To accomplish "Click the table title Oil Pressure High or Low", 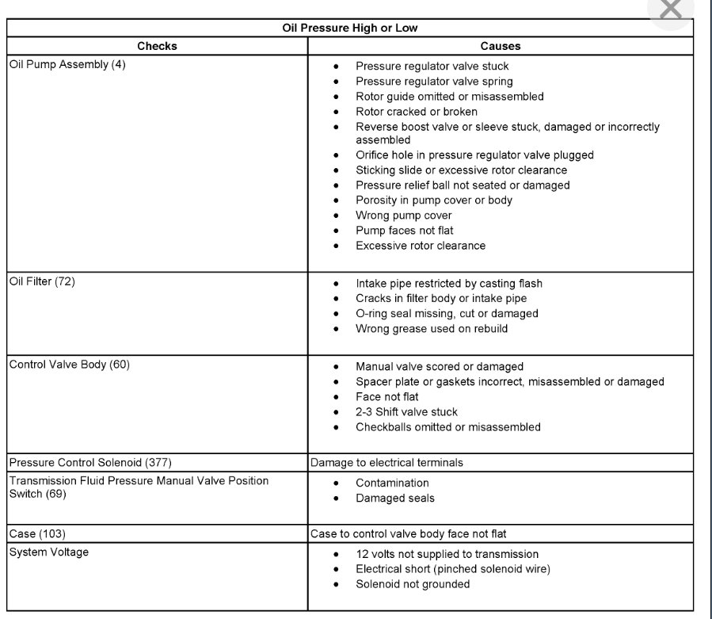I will click(x=349, y=28).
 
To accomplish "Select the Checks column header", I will click(x=157, y=46).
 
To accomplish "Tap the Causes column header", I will click(x=500, y=46).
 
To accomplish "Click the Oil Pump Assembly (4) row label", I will click(x=67, y=65).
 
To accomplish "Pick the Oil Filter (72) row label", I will click(x=42, y=281).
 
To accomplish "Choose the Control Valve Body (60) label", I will click(x=69, y=365).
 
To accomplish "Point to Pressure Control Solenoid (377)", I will click(x=90, y=462).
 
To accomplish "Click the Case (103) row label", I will click(x=37, y=533).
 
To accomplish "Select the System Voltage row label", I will click(x=48, y=552).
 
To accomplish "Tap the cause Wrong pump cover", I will click(x=403, y=216).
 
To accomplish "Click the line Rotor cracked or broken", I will click(x=416, y=112).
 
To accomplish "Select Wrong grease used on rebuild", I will click(x=432, y=328).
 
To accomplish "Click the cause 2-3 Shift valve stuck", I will click(x=406, y=412).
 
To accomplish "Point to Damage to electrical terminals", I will click(x=386, y=462).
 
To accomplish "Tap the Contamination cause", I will click(x=392, y=483).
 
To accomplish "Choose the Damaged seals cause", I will click(x=394, y=498).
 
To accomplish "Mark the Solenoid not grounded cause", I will click(x=412, y=584).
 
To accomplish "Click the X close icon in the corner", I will click(x=670, y=10).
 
